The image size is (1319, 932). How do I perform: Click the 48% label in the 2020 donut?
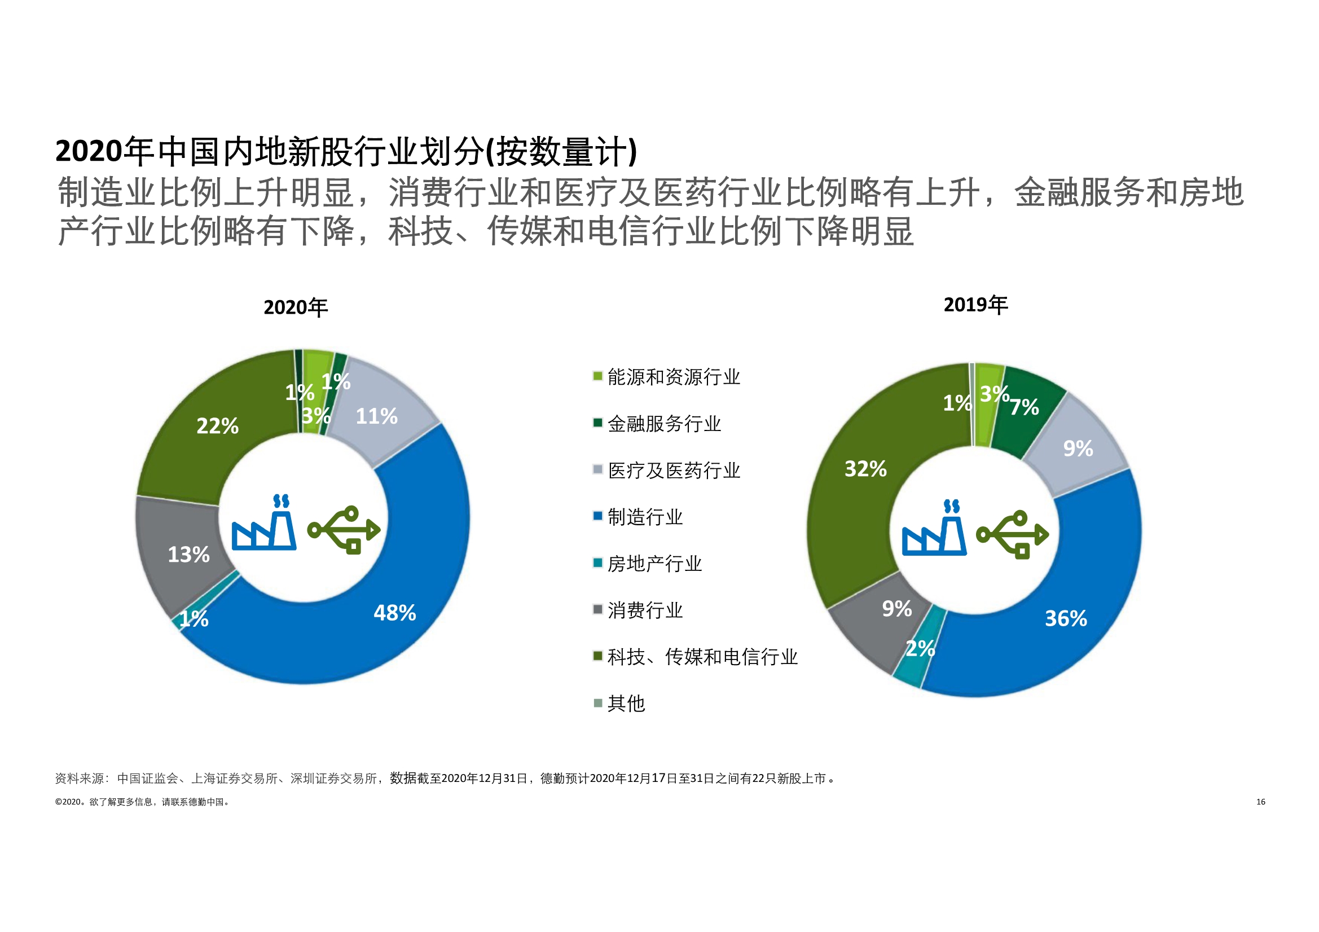pyautogui.click(x=395, y=613)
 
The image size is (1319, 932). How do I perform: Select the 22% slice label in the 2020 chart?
pyautogui.click(x=217, y=426)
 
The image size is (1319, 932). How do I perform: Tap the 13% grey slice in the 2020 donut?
pyautogui.click(x=188, y=555)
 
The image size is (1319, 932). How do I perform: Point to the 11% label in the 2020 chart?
pyautogui.click(x=376, y=416)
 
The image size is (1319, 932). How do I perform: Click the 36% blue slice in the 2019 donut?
pyautogui.click(x=1066, y=618)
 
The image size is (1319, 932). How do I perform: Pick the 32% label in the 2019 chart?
pyautogui.click(x=865, y=469)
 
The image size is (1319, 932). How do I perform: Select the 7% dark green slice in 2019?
pyautogui.click(x=1025, y=407)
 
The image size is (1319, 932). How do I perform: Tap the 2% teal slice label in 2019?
pyautogui.click(x=920, y=648)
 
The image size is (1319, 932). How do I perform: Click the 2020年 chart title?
pyautogui.click(x=295, y=307)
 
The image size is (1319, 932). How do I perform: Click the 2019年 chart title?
pyautogui.click(x=975, y=305)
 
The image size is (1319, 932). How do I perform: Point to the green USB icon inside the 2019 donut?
pyautogui.click(x=1012, y=534)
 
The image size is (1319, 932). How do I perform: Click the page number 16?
pyautogui.click(x=1260, y=802)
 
